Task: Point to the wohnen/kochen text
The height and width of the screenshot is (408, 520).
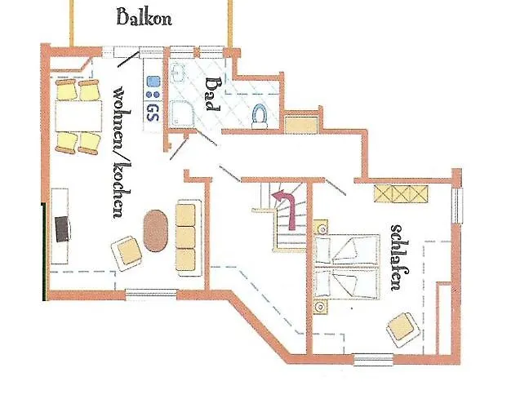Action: (118, 151)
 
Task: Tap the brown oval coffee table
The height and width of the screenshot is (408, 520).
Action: (156, 233)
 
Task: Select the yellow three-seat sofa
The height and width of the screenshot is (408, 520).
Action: (186, 237)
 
